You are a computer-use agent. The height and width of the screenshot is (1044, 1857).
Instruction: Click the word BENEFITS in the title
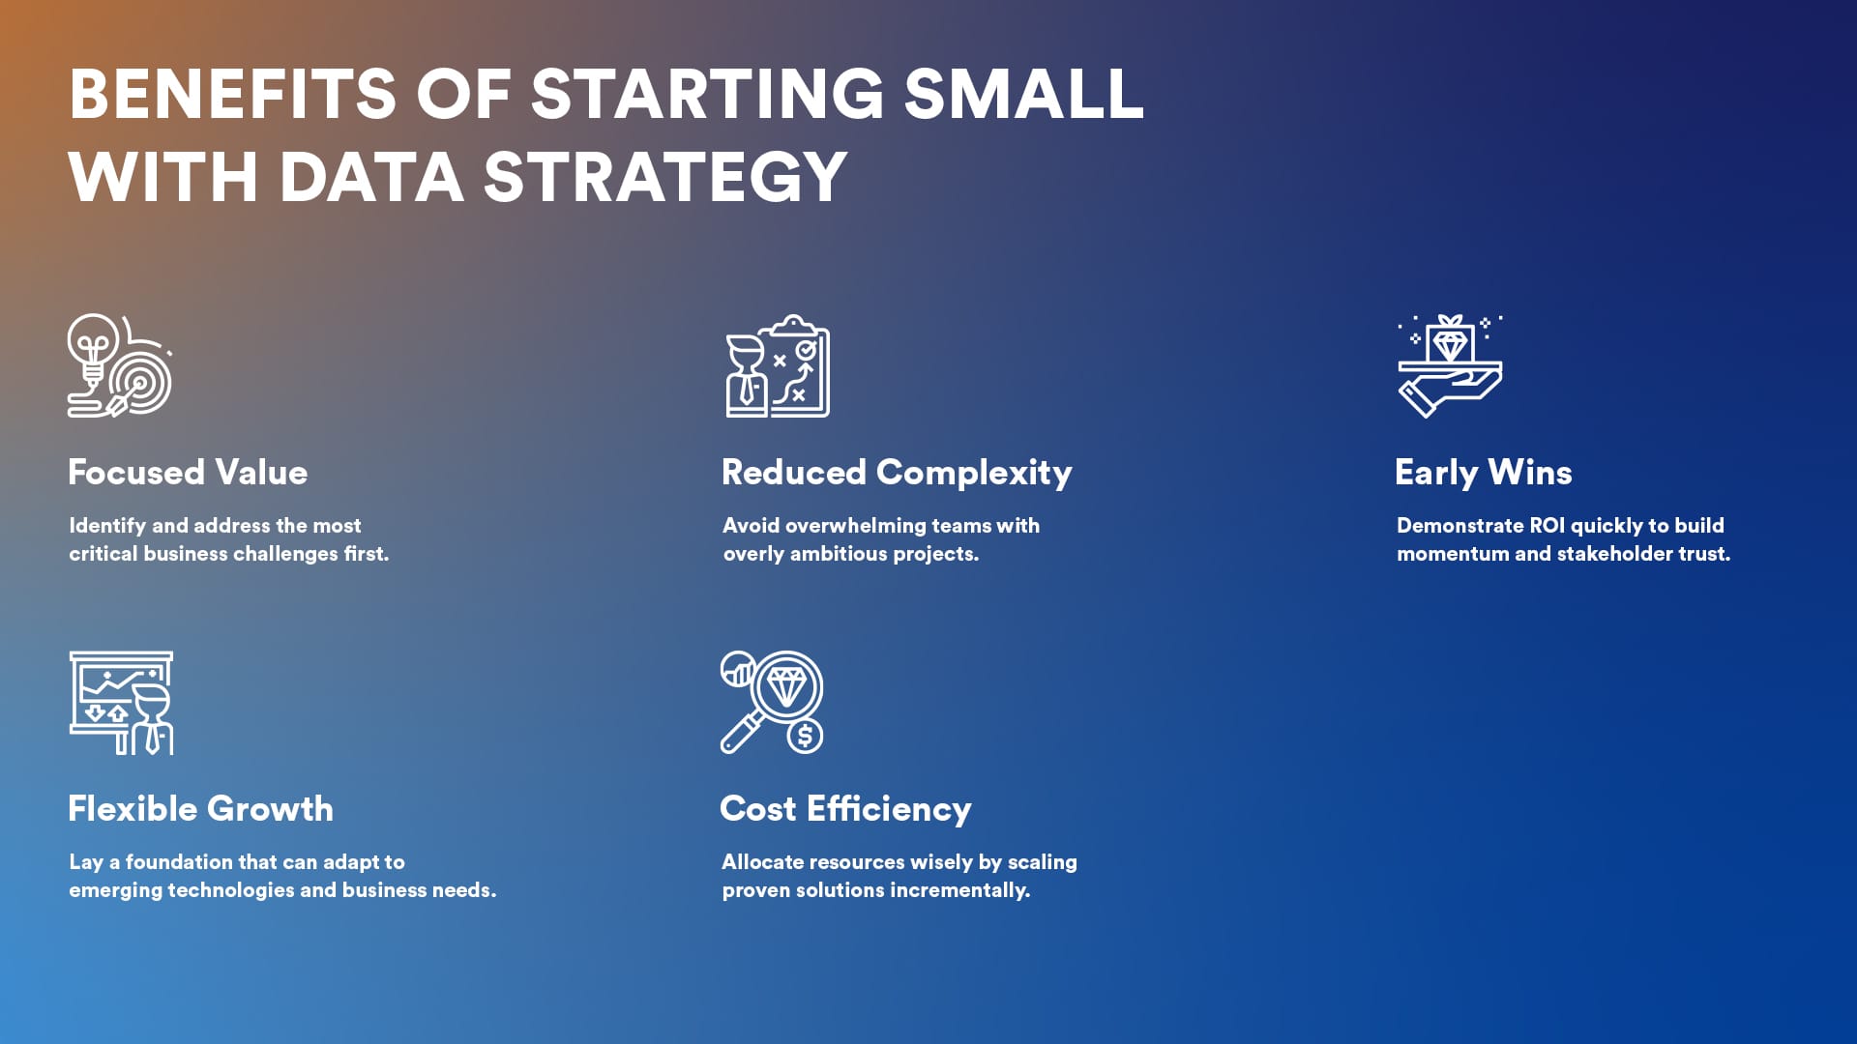232,94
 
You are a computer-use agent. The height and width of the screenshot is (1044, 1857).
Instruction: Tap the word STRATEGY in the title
665,178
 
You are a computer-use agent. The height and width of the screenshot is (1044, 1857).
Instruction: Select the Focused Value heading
188,473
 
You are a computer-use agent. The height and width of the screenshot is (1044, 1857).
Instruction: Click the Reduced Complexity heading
897,474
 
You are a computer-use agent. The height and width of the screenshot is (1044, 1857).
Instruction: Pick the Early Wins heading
1483,474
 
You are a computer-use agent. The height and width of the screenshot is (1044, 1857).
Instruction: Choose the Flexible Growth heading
200,809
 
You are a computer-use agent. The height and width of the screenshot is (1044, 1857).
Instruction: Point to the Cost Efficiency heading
845,810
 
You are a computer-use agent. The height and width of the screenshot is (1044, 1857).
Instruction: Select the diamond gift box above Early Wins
1450,338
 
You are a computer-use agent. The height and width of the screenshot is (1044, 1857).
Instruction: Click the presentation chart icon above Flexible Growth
121,703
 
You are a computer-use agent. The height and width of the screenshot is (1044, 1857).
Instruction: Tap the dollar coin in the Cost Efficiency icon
804,736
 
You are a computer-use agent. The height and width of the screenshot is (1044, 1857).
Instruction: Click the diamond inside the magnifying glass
785,687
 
